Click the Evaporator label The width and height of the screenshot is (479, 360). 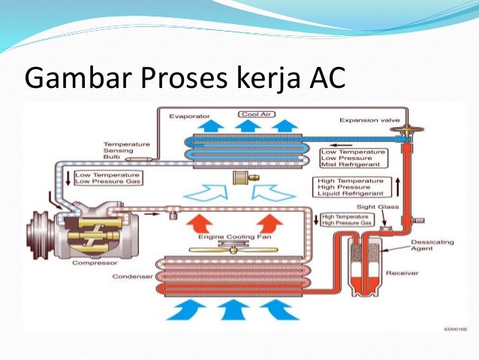pos(188,118)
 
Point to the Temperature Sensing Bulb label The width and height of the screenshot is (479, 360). pos(126,150)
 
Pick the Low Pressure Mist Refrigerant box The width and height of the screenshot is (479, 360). pos(353,158)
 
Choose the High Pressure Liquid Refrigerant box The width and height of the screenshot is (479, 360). pos(351,186)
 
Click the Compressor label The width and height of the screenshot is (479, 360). pos(93,262)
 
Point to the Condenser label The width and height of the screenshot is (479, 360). pos(134,277)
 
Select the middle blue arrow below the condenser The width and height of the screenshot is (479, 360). pos(236,309)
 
